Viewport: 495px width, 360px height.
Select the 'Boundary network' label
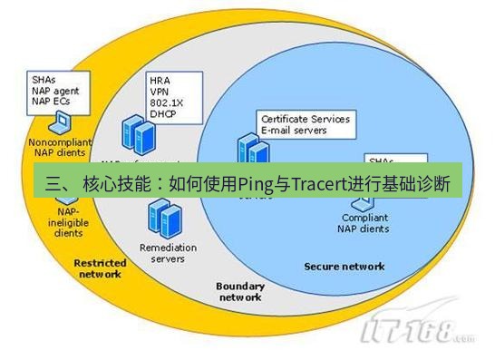coord(239,291)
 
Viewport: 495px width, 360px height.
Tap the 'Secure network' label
coord(344,266)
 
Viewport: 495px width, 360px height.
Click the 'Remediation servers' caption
coord(162,252)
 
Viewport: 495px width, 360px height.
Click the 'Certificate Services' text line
coord(305,119)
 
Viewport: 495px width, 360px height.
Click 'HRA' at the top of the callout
coord(159,79)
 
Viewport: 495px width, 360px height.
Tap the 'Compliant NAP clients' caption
coord(365,223)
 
